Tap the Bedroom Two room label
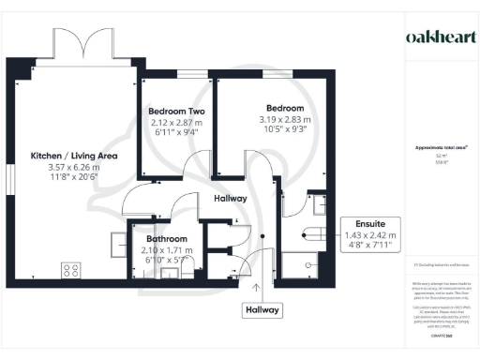coord(176,112)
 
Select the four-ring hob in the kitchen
coord(70,271)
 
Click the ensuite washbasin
coord(319,205)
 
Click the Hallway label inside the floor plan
coord(231,200)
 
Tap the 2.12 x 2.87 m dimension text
coord(176,122)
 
